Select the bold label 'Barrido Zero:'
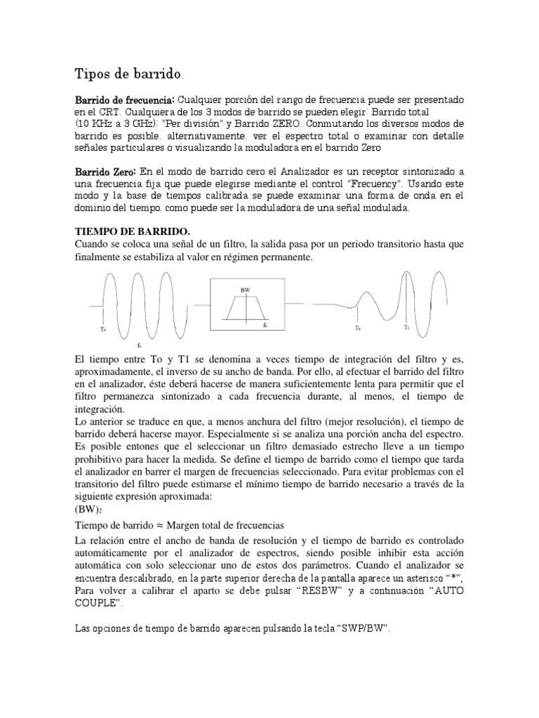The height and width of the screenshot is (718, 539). coord(105,172)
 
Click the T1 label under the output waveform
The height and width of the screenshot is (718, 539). coord(406,327)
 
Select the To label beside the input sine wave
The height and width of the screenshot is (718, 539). coord(102,328)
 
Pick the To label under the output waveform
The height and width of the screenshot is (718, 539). coord(357,328)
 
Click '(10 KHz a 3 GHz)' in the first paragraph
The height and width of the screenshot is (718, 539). coord(117,123)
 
